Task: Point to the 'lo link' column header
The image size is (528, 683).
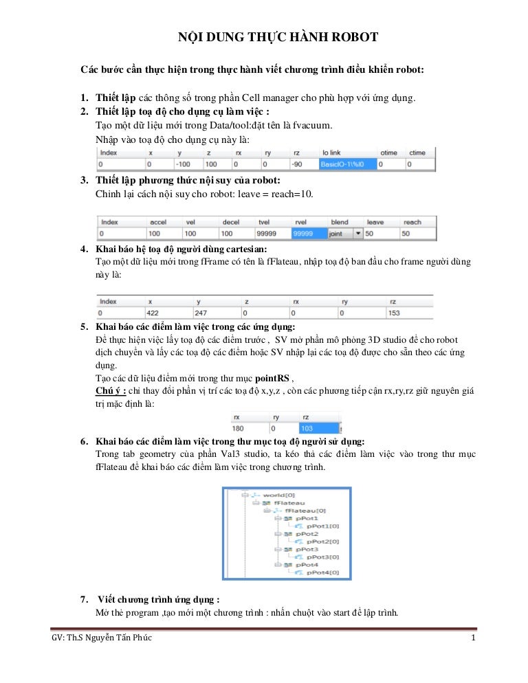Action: [x=334, y=153]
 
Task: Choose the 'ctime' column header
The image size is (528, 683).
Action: [x=417, y=153]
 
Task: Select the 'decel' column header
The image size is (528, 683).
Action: [x=230, y=223]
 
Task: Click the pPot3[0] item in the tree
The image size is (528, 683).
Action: [x=322, y=557]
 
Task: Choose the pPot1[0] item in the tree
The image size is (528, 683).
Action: [x=322, y=526]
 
